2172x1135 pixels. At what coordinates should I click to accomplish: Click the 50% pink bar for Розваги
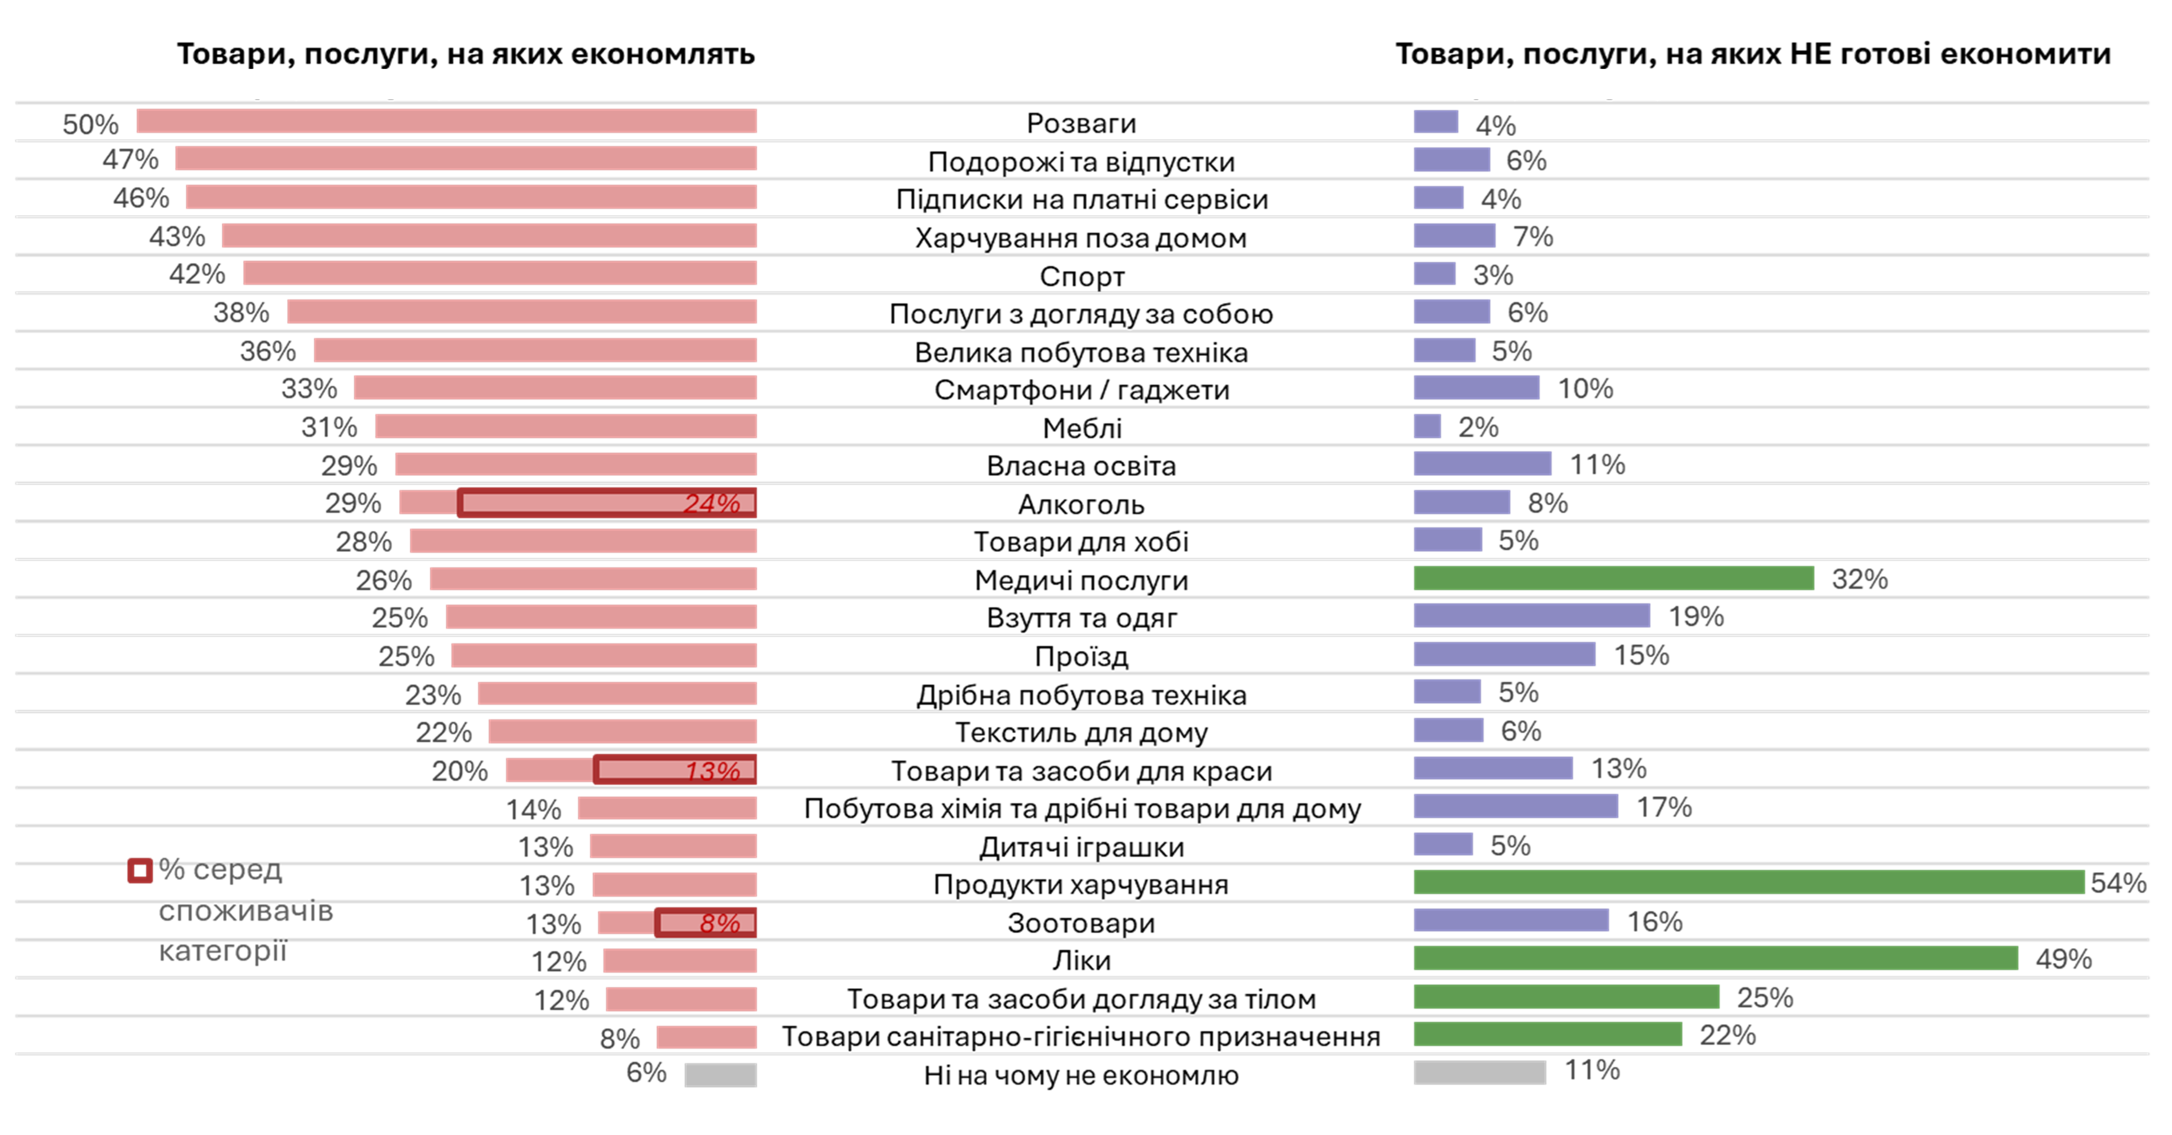point(447,121)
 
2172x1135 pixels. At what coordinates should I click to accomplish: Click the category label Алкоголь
point(1081,504)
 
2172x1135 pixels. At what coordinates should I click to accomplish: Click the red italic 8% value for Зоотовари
point(719,923)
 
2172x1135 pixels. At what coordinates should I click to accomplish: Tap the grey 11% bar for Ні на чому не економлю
point(1480,1072)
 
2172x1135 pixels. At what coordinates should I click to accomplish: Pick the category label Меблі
point(1082,428)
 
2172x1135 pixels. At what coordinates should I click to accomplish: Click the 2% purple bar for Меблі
point(1428,426)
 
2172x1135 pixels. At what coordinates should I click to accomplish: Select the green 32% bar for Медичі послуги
point(1613,579)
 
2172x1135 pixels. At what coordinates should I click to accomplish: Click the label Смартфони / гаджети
point(1082,390)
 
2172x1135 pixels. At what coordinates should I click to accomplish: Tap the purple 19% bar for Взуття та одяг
point(1531,616)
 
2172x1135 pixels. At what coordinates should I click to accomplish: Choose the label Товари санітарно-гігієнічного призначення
point(1081,1036)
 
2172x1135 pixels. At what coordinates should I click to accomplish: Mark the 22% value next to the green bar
point(1727,1035)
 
